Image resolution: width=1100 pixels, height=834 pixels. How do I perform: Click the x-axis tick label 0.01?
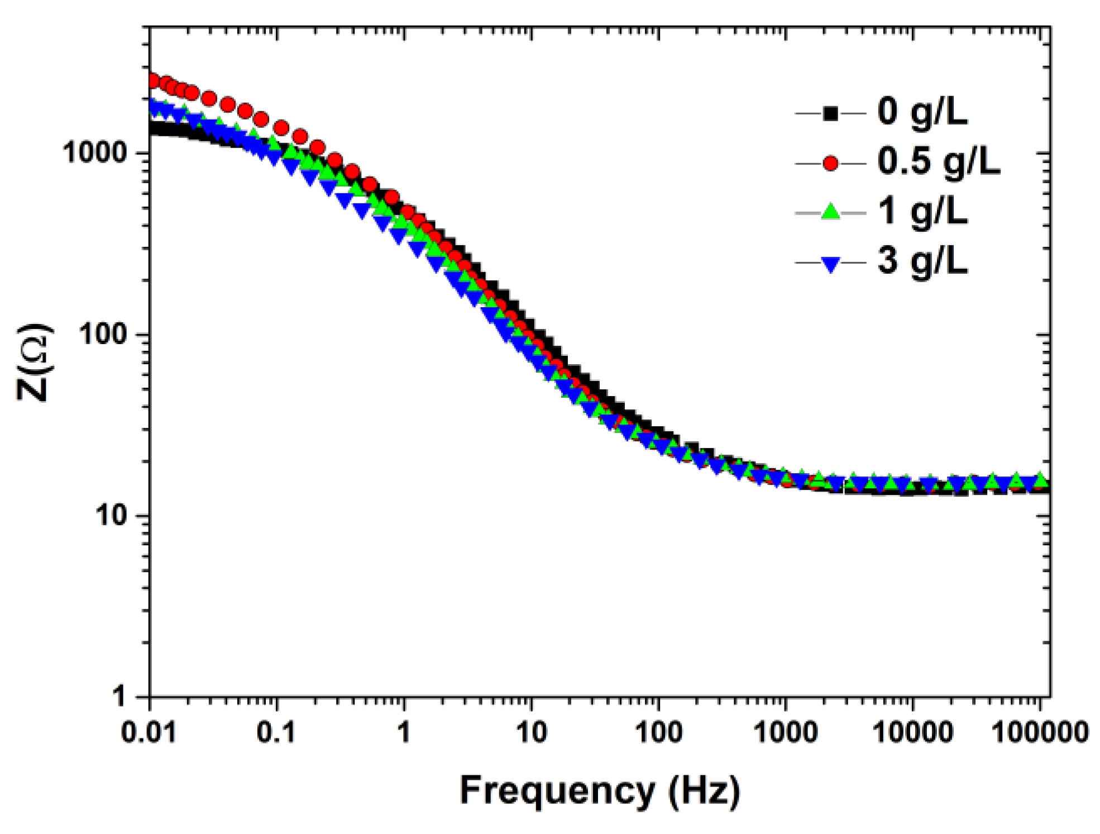click(149, 731)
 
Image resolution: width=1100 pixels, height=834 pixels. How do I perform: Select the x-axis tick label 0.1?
click(276, 731)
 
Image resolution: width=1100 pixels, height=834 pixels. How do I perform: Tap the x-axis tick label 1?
click(404, 731)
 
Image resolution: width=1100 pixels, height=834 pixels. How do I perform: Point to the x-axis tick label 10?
click(531, 731)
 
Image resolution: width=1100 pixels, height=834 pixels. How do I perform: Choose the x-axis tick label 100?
click(659, 731)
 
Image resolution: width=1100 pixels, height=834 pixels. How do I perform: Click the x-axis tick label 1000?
click(786, 731)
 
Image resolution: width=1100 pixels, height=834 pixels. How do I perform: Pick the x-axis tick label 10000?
click(912, 731)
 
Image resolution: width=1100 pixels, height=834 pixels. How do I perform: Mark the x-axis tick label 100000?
click(1040, 731)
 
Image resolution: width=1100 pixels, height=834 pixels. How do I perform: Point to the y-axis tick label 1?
click(119, 697)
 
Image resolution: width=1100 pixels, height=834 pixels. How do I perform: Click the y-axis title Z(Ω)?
click(35, 361)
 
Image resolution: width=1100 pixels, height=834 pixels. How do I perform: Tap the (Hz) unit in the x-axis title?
click(705, 790)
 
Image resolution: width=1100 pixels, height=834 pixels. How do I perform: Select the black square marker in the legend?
click(830, 114)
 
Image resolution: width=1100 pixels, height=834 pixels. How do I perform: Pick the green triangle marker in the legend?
click(830, 212)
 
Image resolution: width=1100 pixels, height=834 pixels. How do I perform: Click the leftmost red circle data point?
click(152, 81)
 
